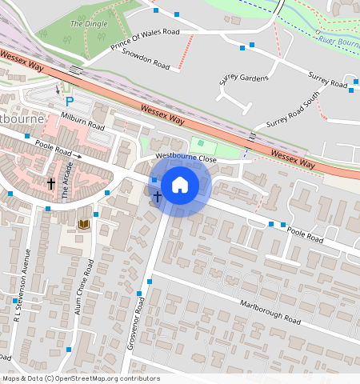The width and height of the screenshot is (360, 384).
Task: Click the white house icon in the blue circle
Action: [180, 185]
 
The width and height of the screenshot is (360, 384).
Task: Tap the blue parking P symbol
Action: [69, 102]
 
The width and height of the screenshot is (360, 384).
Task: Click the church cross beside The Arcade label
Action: [51, 183]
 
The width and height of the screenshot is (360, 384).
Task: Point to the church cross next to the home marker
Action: [158, 195]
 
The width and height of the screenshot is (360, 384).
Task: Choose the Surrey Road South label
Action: [293, 110]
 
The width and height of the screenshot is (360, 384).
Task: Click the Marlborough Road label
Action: [270, 311]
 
